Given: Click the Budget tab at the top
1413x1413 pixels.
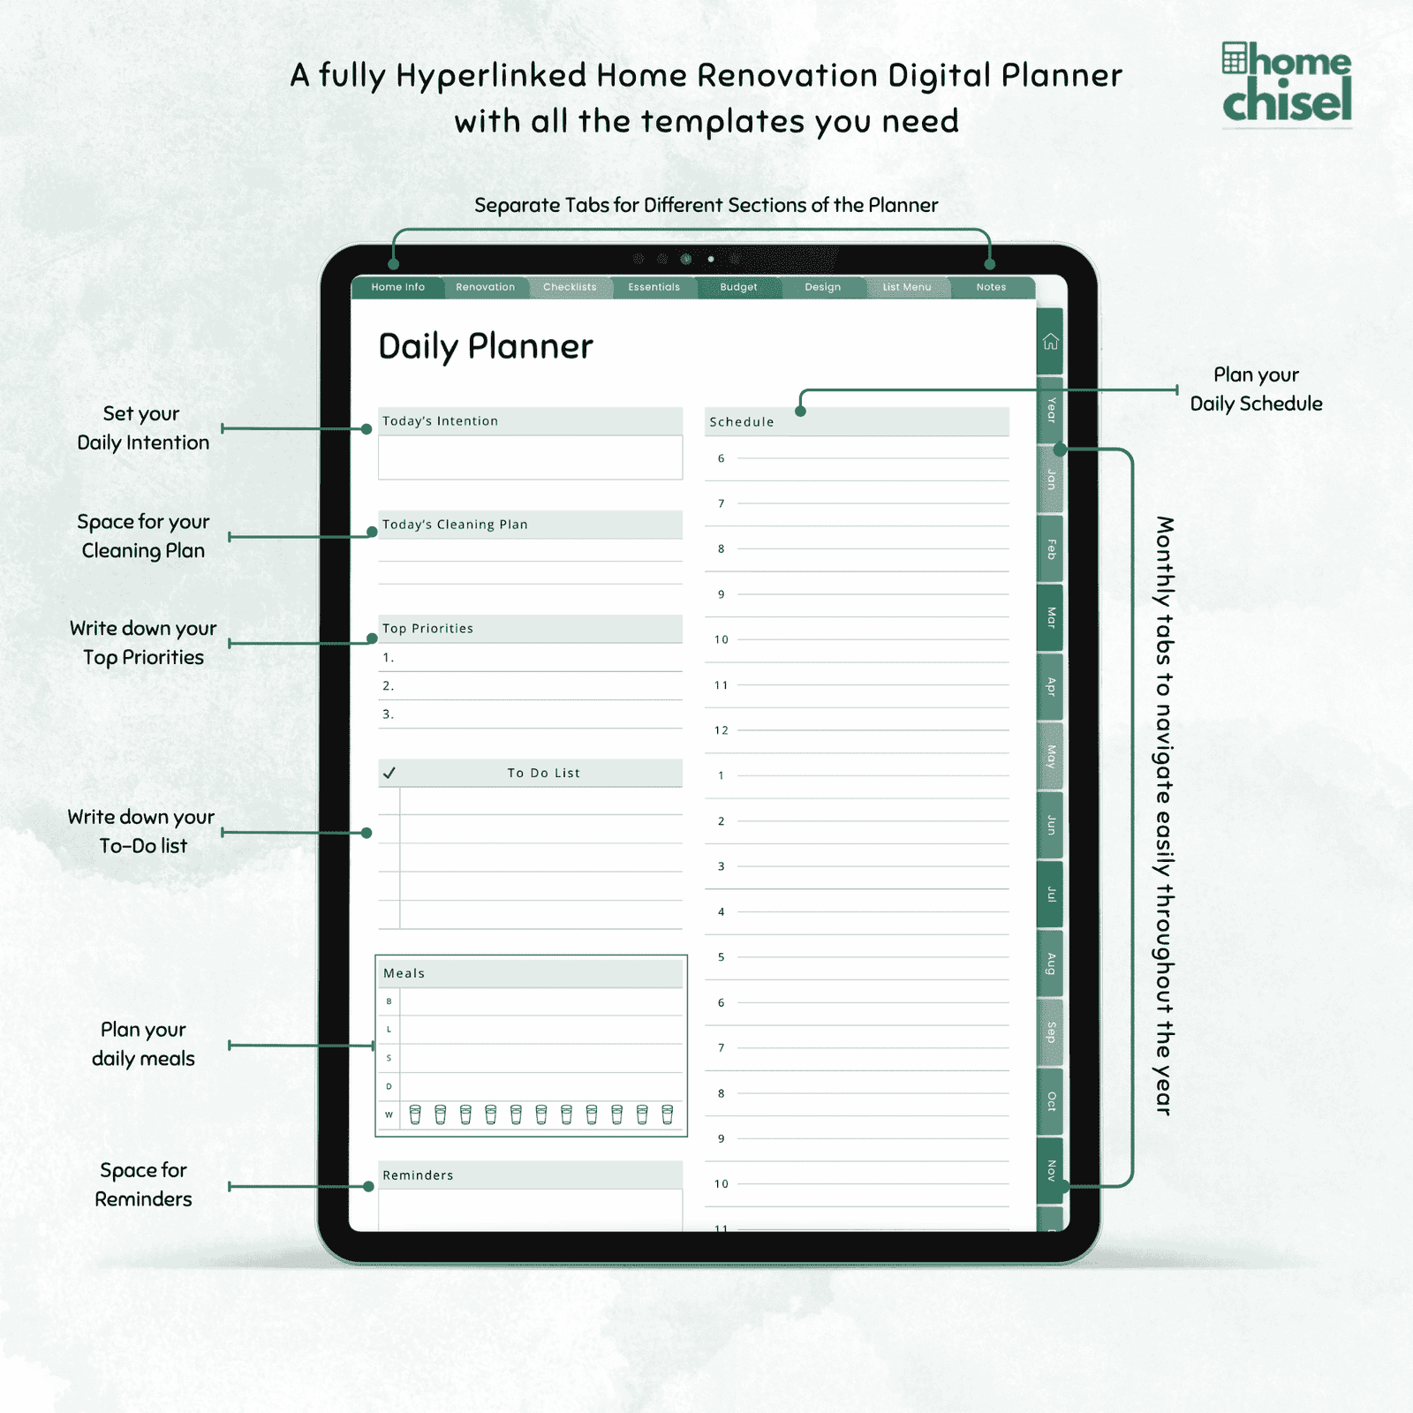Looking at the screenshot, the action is point(738,287).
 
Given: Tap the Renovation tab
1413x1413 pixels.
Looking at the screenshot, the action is point(485,287).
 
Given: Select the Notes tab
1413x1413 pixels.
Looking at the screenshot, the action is point(991,287).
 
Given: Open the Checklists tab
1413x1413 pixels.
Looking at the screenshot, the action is point(570,287).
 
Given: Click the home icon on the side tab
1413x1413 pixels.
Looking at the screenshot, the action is point(1050,342).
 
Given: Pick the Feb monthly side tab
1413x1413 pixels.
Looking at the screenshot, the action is point(1050,548).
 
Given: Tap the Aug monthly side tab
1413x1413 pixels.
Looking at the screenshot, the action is point(1050,963).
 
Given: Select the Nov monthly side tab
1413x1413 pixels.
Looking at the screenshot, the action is point(1050,1170).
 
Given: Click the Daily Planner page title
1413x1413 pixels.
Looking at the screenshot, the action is point(486,347).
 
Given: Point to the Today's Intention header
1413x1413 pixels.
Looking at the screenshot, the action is point(440,421).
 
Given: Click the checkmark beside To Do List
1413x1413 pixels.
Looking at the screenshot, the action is point(389,773).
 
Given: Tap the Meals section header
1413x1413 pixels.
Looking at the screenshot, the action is point(404,973).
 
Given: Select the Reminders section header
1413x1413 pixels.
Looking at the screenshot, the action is point(418,1175).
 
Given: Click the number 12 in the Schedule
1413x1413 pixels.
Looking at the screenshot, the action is point(722,730).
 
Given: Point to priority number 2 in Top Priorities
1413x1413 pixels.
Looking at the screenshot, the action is point(388,685).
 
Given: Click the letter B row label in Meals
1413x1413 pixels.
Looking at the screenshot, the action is point(389,1001).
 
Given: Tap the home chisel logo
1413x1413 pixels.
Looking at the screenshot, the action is point(1287,83).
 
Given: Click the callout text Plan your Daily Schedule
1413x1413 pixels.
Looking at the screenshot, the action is point(1256,389).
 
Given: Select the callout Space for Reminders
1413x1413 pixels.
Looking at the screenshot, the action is point(143,1184).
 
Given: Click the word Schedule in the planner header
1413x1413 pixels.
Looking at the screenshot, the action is point(742,422).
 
